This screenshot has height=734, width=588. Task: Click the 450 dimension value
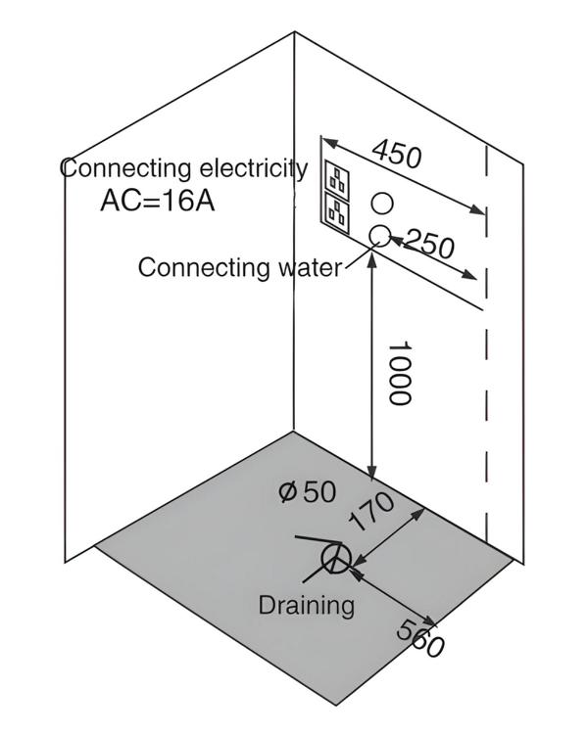coord(397,155)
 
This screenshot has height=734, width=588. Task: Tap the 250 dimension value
coord(429,244)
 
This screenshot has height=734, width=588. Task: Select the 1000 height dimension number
coord(398,373)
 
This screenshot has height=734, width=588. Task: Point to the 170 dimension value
coord(372,512)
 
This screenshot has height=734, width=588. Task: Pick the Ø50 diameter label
coord(307,492)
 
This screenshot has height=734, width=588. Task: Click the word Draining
coord(306,605)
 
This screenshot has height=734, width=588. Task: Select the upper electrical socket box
coord(338,179)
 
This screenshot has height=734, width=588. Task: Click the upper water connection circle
coord(382,204)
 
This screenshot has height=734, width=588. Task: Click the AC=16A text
coord(157,202)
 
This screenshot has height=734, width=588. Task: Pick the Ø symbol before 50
coord(287,492)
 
